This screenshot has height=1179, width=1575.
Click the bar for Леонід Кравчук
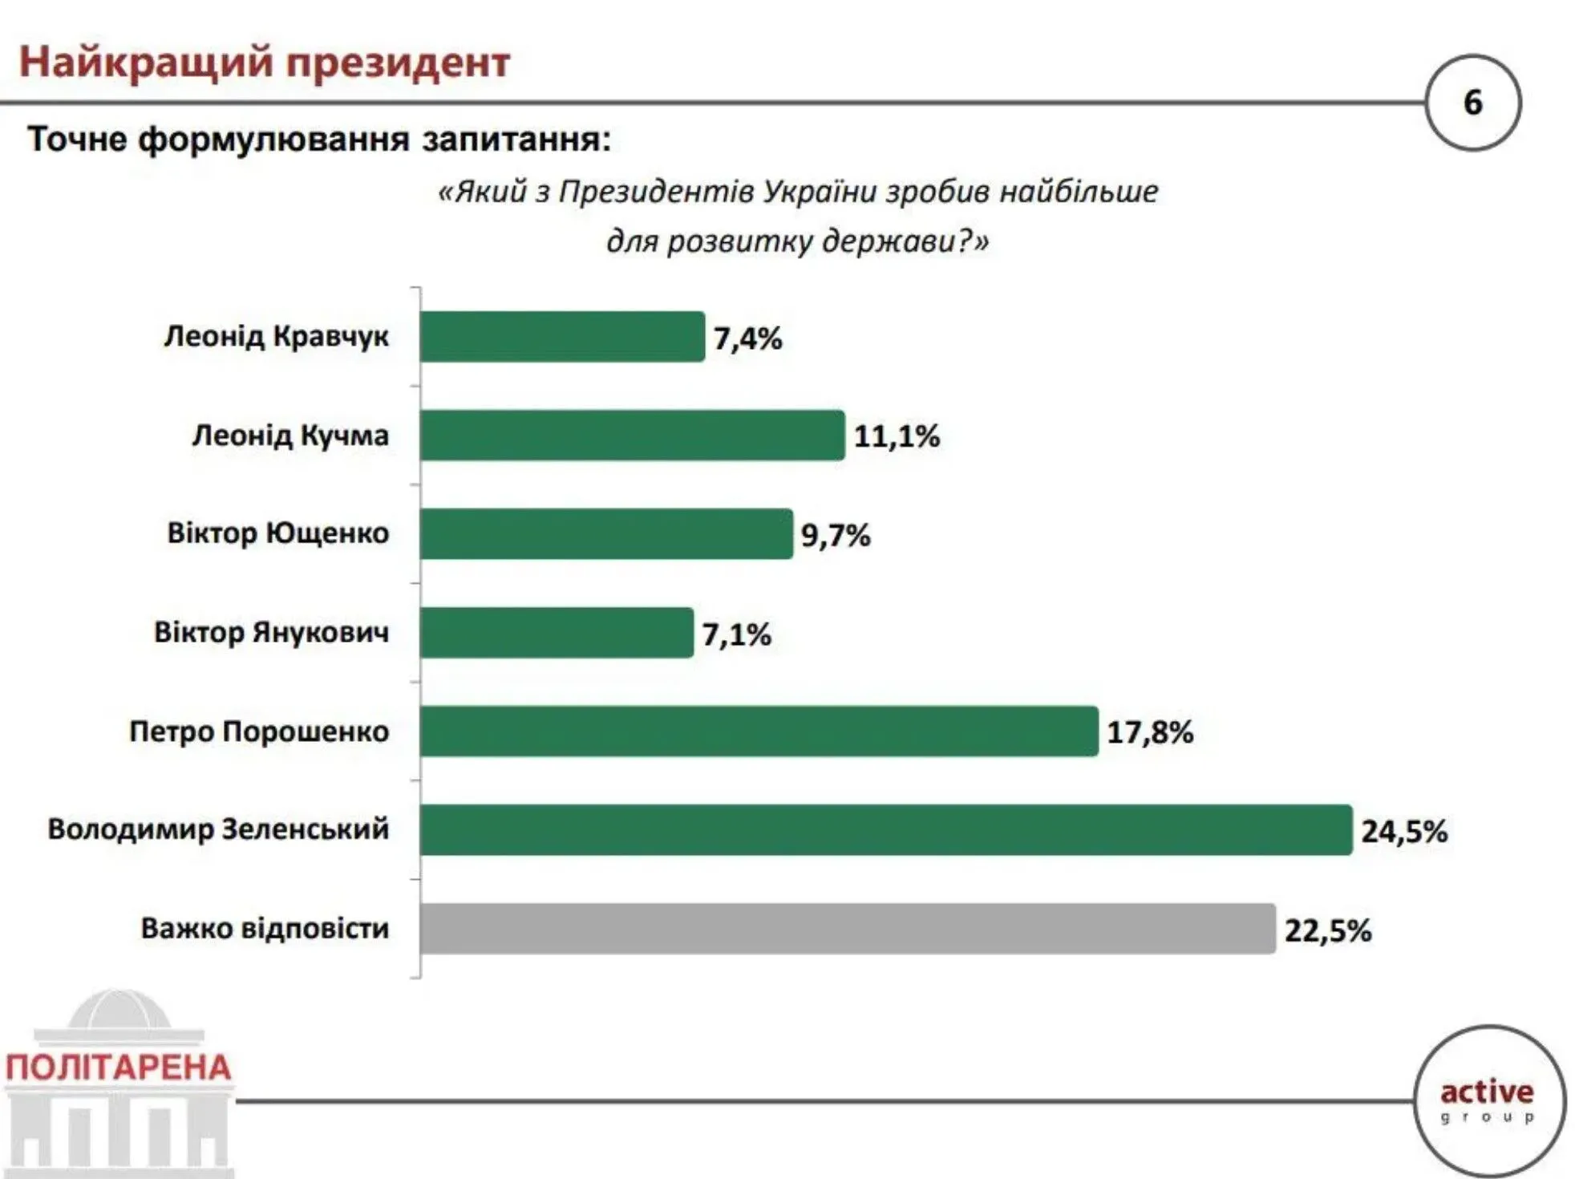coord(561,337)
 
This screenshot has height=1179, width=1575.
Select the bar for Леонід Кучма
coord(632,436)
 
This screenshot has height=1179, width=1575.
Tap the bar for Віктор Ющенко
coord(605,534)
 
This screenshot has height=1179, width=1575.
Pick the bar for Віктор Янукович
coord(556,633)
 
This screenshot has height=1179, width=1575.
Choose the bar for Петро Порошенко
coord(758,731)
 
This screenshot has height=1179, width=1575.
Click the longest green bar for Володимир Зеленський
coord(885,830)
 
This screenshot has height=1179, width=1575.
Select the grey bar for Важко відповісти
coord(847,929)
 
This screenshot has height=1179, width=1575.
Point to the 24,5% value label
coord(1403,831)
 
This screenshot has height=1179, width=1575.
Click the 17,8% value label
coord(1149,732)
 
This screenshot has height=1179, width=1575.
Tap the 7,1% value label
coord(736,634)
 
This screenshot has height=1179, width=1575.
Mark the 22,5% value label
coord(1327,930)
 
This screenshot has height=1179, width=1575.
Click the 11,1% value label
coord(896,436)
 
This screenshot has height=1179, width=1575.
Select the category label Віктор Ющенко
coord(277,533)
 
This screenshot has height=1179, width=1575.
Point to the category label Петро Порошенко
coord(259,731)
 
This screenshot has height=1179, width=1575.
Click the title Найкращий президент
coord(265,62)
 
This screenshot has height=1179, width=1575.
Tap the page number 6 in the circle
coord(1472,103)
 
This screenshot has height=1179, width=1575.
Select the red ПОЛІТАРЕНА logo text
coord(119,1068)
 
